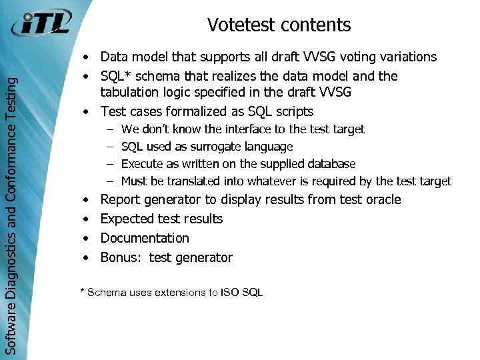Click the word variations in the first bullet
tap(406, 57)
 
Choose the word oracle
tap(383, 199)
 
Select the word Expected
tap(127, 219)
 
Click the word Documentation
tap(145, 238)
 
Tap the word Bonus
tap(119, 257)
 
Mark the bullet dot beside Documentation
tap(87, 238)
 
